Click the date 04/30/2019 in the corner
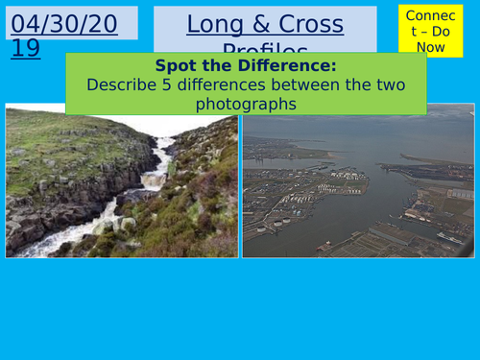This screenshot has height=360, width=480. pyautogui.click(x=64, y=35)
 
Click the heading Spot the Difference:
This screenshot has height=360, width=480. pyautogui.click(x=247, y=65)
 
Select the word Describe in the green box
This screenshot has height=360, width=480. pyautogui.click(x=118, y=84)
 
